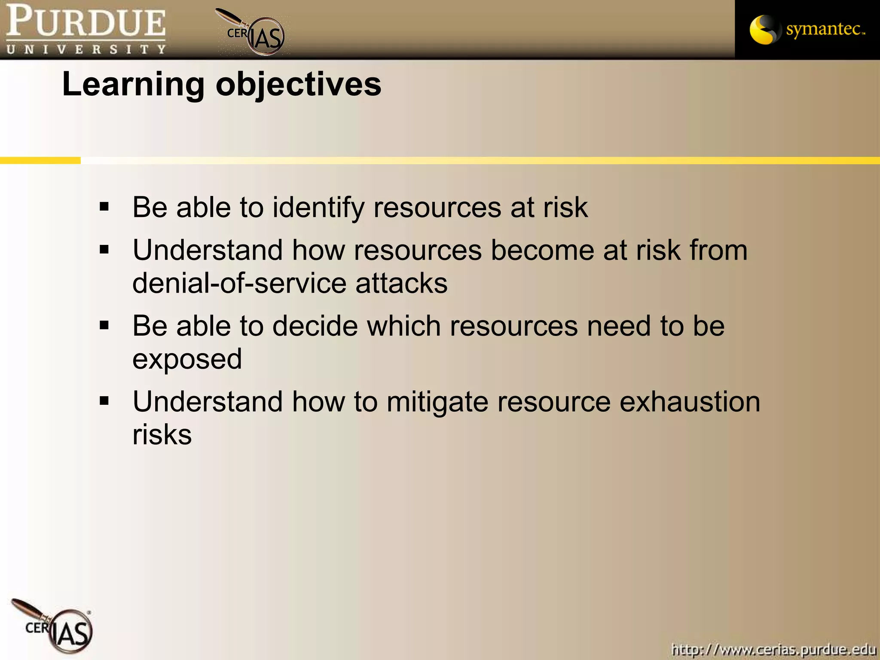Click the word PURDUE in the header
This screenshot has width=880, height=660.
(86, 21)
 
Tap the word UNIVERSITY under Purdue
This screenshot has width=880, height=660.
(86, 49)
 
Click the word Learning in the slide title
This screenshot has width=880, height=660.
(133, 84)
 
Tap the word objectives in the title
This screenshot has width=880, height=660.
(298, 84)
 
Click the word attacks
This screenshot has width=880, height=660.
(401, 284)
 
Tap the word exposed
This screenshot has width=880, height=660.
(187, 359)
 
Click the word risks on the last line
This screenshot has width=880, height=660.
(162, 435)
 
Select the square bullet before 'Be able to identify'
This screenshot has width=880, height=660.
(104, 207)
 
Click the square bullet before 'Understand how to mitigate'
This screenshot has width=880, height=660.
(104, 401)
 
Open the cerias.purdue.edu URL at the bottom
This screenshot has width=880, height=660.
(773, 649)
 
